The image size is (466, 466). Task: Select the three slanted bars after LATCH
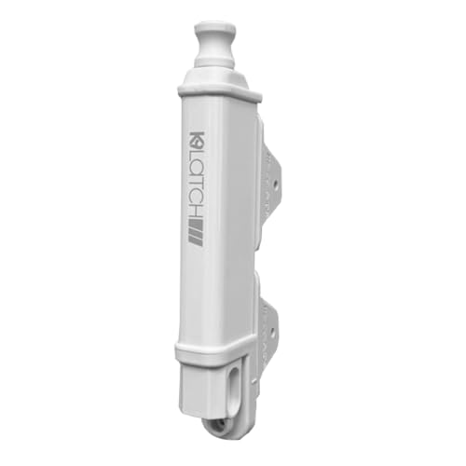pyautogui.click(x=195, y=232)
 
